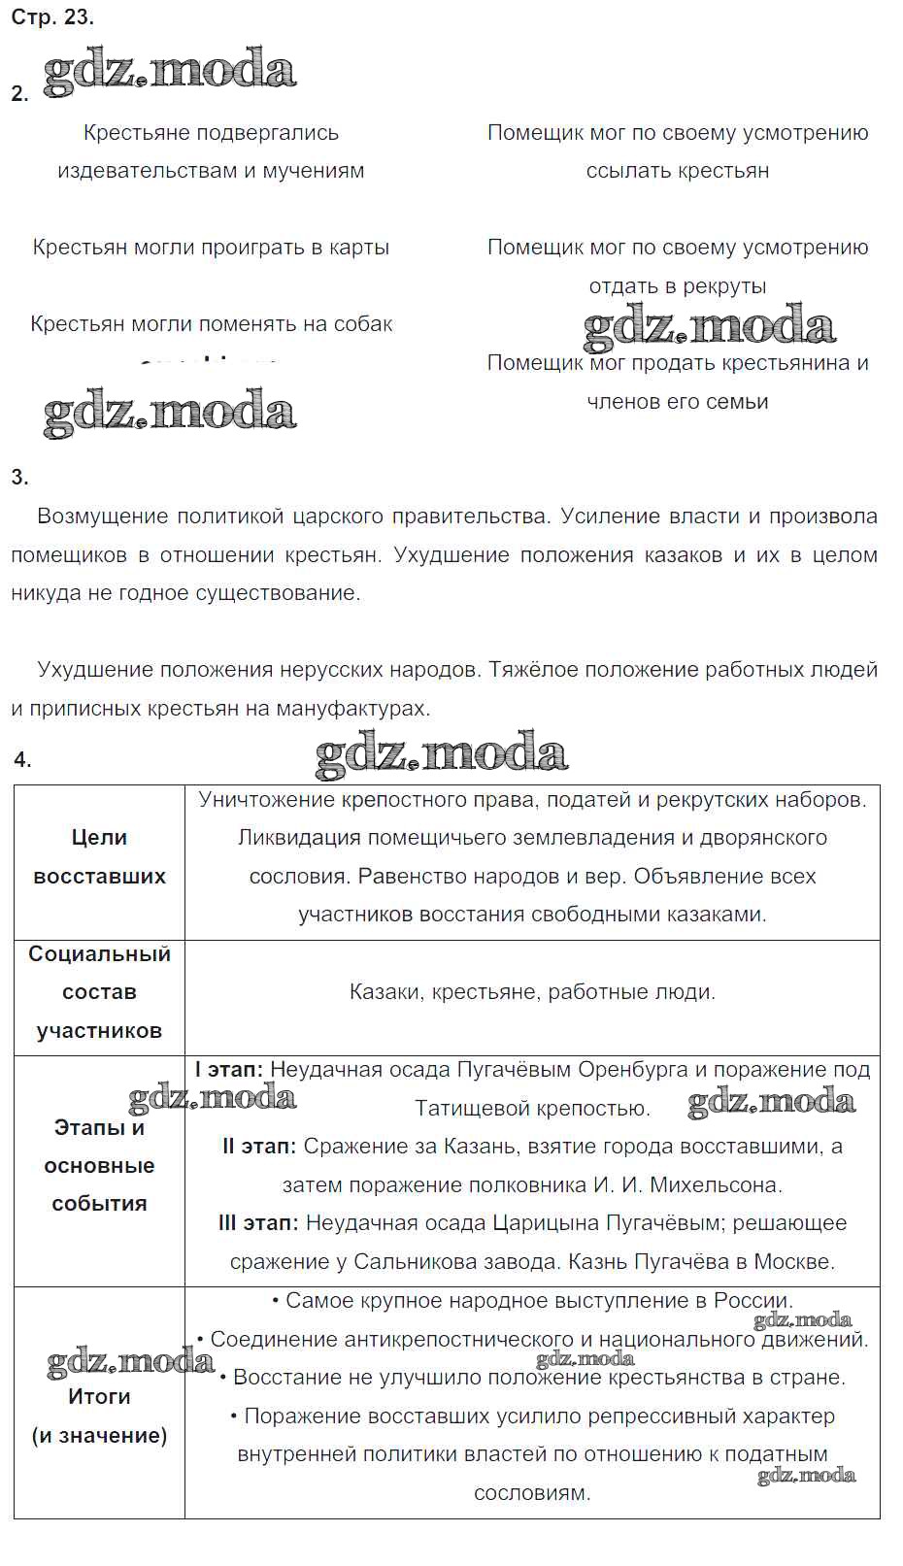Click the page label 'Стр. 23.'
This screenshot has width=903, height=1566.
click(52, 17)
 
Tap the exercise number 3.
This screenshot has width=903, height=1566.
click(19, 477)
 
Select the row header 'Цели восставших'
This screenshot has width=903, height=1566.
click(99, 856)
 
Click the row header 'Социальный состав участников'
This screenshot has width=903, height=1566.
click(99, 992)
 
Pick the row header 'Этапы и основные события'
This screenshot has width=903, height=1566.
click(99, 1165)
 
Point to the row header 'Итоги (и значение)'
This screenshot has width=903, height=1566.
click(99, 1416)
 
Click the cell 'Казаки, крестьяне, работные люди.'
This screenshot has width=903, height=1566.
click(532, 992)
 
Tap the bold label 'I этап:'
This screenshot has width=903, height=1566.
click(229, 1070)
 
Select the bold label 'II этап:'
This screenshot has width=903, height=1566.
click(259, 1147)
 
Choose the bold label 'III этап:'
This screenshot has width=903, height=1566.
click(258, 1223)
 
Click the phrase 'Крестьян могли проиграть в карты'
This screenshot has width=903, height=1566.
click(211, 248)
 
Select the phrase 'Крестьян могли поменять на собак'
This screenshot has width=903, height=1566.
click(211, 324)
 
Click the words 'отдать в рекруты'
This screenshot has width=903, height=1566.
click(677, 286)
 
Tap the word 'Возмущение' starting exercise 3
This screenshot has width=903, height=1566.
click(101, 516)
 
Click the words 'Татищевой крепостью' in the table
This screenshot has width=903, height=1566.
click(531, 1109)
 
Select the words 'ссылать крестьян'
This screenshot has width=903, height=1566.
click(677, 171)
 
